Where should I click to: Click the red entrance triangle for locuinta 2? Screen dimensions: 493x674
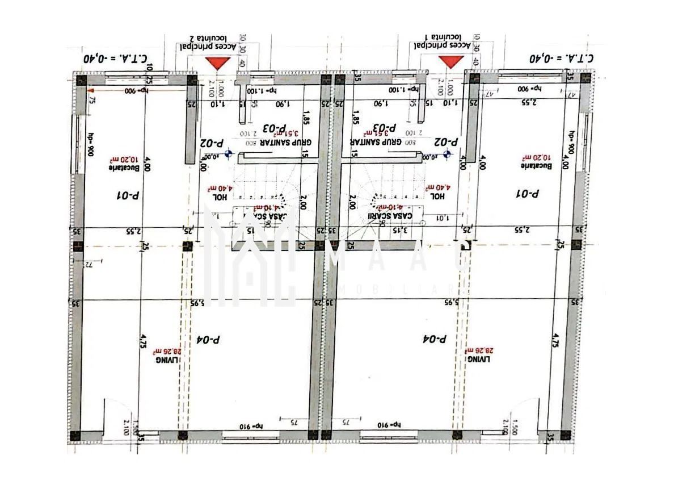tap(216, 63)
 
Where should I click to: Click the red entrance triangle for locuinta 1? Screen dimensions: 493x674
tap(452, 62)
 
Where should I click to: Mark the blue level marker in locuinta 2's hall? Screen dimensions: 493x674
tap(228, 153)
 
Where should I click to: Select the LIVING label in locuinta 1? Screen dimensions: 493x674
tap(477, 359)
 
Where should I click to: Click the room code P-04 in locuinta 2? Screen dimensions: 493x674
tap(208, 340)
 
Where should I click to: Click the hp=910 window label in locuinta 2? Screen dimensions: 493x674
tap(250, 425)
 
